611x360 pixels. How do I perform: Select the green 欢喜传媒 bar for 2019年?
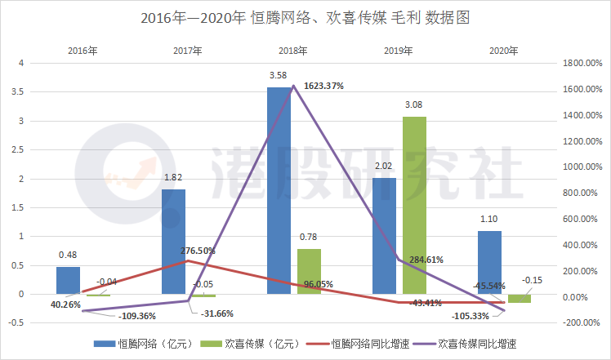[414, 205]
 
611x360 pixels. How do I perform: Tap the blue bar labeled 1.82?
[173, 242]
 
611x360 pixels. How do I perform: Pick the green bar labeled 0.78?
[309, 271]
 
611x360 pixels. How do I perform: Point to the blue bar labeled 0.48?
[68, 280]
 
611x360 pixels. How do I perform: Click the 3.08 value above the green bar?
[414, 106]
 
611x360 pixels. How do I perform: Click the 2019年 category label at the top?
[399, 51]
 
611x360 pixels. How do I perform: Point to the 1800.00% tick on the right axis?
[581, 63]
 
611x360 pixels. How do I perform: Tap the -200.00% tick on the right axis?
[581, 322]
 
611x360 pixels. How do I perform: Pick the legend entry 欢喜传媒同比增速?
[478, 344]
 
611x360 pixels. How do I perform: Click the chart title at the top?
[305, 16]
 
